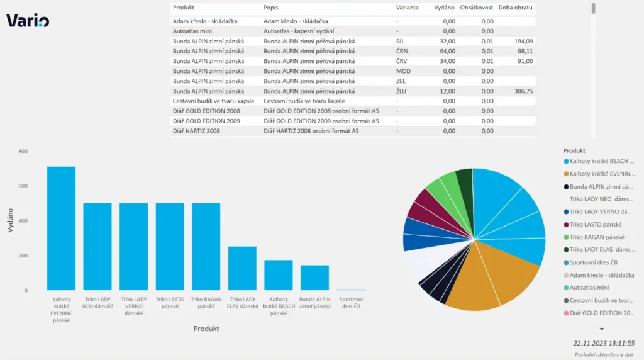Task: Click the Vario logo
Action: [x=28, y=21]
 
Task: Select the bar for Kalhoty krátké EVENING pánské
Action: [x=61, y=228]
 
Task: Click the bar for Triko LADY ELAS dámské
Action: [x=242, y=267]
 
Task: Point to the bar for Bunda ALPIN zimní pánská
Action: [x=314, y=277]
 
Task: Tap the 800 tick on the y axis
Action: [x=23, y=152]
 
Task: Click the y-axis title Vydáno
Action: [x=11, y=221]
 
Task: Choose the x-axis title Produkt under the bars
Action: [x=206, y=329]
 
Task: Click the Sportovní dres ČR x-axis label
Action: [x=350, y=303]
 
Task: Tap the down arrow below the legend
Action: [x=601, y=329]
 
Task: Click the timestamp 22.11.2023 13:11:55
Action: [x=604, y=344]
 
